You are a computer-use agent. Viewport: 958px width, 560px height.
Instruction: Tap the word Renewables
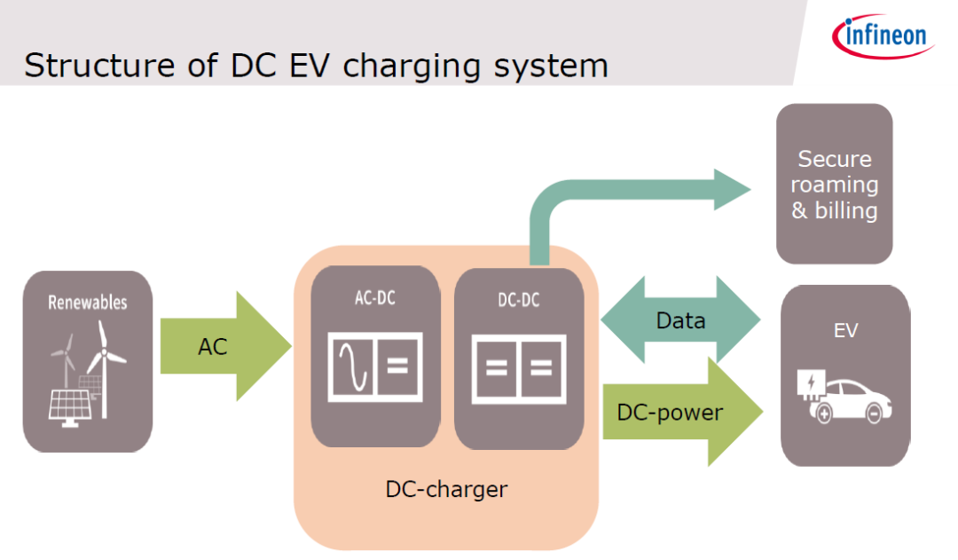87,303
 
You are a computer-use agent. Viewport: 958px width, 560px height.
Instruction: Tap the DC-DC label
519,301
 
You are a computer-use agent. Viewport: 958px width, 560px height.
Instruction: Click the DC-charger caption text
446,489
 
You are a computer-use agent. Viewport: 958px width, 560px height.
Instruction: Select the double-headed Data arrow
680,320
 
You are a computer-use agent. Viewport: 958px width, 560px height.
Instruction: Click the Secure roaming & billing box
834,184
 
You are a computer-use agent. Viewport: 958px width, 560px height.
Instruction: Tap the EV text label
845,331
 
